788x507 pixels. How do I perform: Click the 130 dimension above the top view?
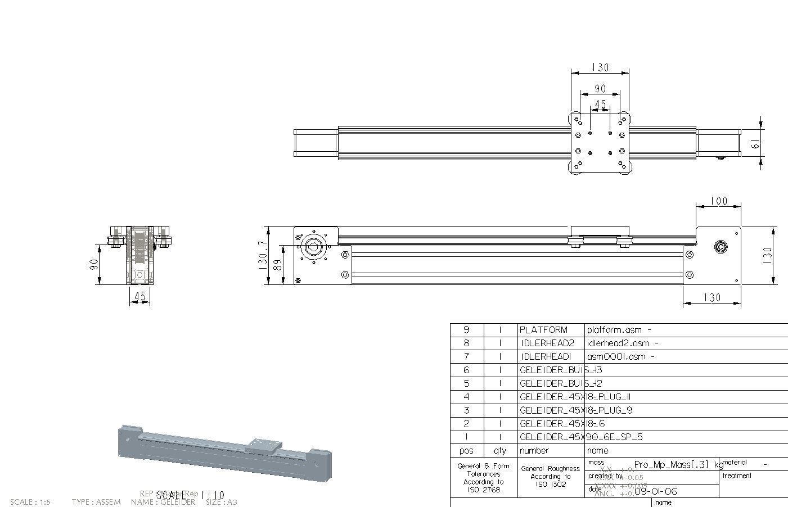pos(601,67)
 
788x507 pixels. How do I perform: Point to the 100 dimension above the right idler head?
pos(719,201)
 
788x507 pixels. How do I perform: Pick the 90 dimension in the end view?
pos(94,264)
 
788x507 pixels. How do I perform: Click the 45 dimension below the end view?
pos(140,296)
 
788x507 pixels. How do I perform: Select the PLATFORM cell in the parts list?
pos(543,330)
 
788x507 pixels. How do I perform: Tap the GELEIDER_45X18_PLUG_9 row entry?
pos(576,410)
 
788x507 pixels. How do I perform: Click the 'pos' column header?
pos(466,451)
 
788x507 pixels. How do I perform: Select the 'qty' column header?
pos(499,451)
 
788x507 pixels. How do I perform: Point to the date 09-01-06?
pos(655,491)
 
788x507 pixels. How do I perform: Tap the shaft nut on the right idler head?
pos(721,246)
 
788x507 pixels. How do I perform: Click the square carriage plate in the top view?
pos(600,143)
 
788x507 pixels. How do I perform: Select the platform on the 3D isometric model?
pos(263,445)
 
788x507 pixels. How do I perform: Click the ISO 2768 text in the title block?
pos(483,490)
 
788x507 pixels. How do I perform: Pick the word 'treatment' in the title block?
pos(737,476)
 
